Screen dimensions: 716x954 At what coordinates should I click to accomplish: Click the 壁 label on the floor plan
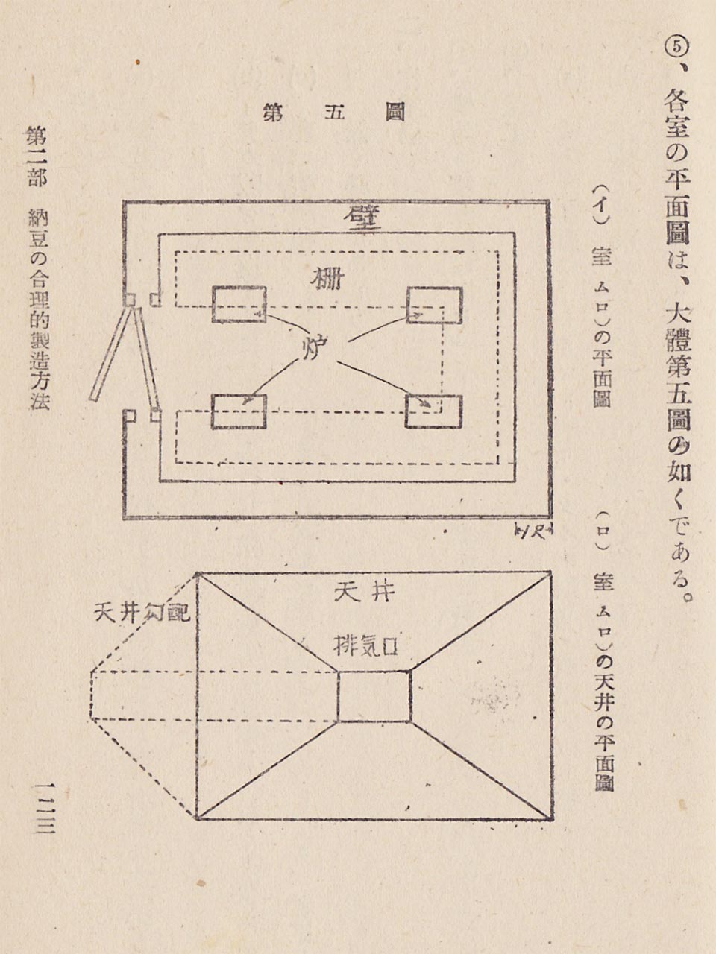coord(362,218)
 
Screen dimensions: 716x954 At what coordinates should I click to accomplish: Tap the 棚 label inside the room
coord(328,279)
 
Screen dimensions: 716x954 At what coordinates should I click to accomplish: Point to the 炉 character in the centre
coord(316,347)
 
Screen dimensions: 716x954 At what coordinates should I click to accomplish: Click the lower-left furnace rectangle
coord(239,411)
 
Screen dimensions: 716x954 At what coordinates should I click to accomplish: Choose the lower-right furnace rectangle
coord(433,411)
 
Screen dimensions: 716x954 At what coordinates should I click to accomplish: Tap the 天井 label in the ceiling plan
coord(364,593)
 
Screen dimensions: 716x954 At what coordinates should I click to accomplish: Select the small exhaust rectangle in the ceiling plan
coord(374,697)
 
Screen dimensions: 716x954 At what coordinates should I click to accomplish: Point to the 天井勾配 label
coord(142,612)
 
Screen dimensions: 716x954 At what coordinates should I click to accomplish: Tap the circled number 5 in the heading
coord(675,46)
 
